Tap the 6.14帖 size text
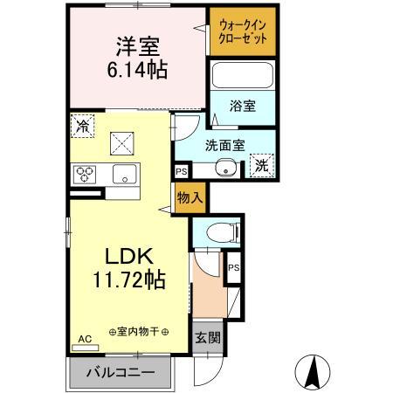click(x=138, y=68)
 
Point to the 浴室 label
click(x=243, y=107)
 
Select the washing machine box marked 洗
click(x=260, y=165)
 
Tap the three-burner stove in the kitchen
click(x=86, y=174)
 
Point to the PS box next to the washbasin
click(x=182, y=171)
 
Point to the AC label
click(x=85, y=338)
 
